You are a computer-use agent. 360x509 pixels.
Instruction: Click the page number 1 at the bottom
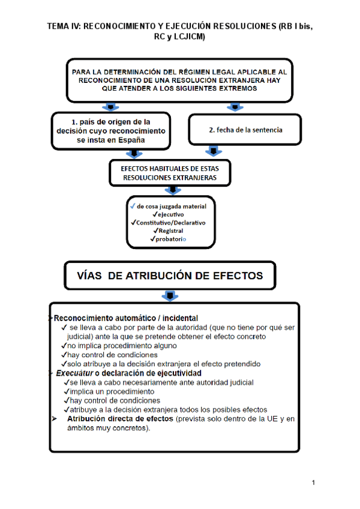pos(313,483)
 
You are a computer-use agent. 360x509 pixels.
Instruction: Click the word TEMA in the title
pos(58,27)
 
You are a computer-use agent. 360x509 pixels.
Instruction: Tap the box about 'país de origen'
pos(110,130)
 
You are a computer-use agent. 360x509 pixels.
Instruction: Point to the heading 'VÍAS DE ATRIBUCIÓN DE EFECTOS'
pos(170,276)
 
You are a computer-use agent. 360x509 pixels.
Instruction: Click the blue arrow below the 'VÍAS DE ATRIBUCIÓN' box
pos(170,296)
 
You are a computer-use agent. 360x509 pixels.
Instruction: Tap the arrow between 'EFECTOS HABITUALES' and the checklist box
pos(173,190)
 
